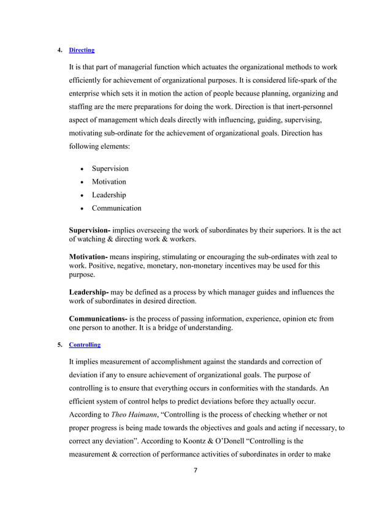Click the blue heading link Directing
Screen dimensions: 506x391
pos(82,49)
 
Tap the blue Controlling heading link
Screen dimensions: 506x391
pos(85,345)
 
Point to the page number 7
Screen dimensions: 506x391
pos(194,470)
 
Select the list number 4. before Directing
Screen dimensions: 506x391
pos(59,49)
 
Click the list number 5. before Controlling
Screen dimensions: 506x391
pos(59,345)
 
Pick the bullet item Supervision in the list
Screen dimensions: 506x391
pos(110,168)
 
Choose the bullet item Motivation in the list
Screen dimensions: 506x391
pos(108,182)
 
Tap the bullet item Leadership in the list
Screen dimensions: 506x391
pos(108,195)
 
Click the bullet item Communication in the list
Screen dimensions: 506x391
pos(116,208)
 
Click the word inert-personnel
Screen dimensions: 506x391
pos(306,107)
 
